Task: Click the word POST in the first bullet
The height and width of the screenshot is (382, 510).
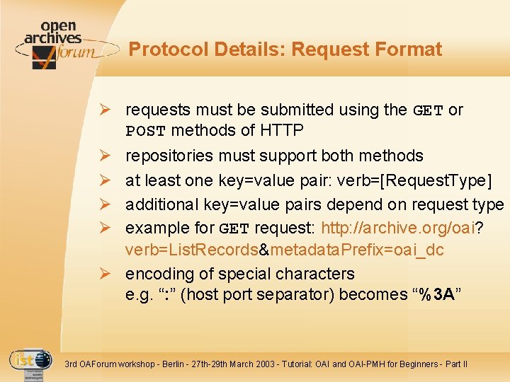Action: pos(145,132)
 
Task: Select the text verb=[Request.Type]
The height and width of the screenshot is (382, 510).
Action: pos(421,180)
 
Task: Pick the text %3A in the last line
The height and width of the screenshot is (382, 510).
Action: pos(436,294)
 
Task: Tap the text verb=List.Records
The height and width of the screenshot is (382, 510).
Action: pos(191,250)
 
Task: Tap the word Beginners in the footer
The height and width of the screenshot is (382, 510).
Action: pos(417,364)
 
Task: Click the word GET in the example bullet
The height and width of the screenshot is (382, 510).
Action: pos(234,228)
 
